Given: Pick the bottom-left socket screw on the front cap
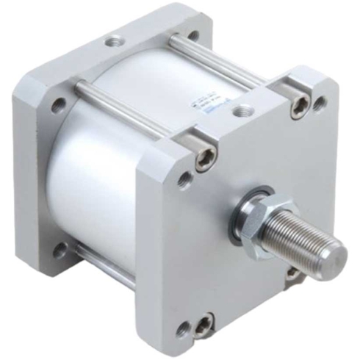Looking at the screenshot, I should (x=204, y=323).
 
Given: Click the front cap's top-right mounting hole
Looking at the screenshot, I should (x=320, y=104).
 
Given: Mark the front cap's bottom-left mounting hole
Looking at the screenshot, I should (x=183, y=329).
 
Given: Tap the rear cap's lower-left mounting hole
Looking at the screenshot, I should (x=59, y=250).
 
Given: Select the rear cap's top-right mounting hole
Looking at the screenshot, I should (x=193, y=35).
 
